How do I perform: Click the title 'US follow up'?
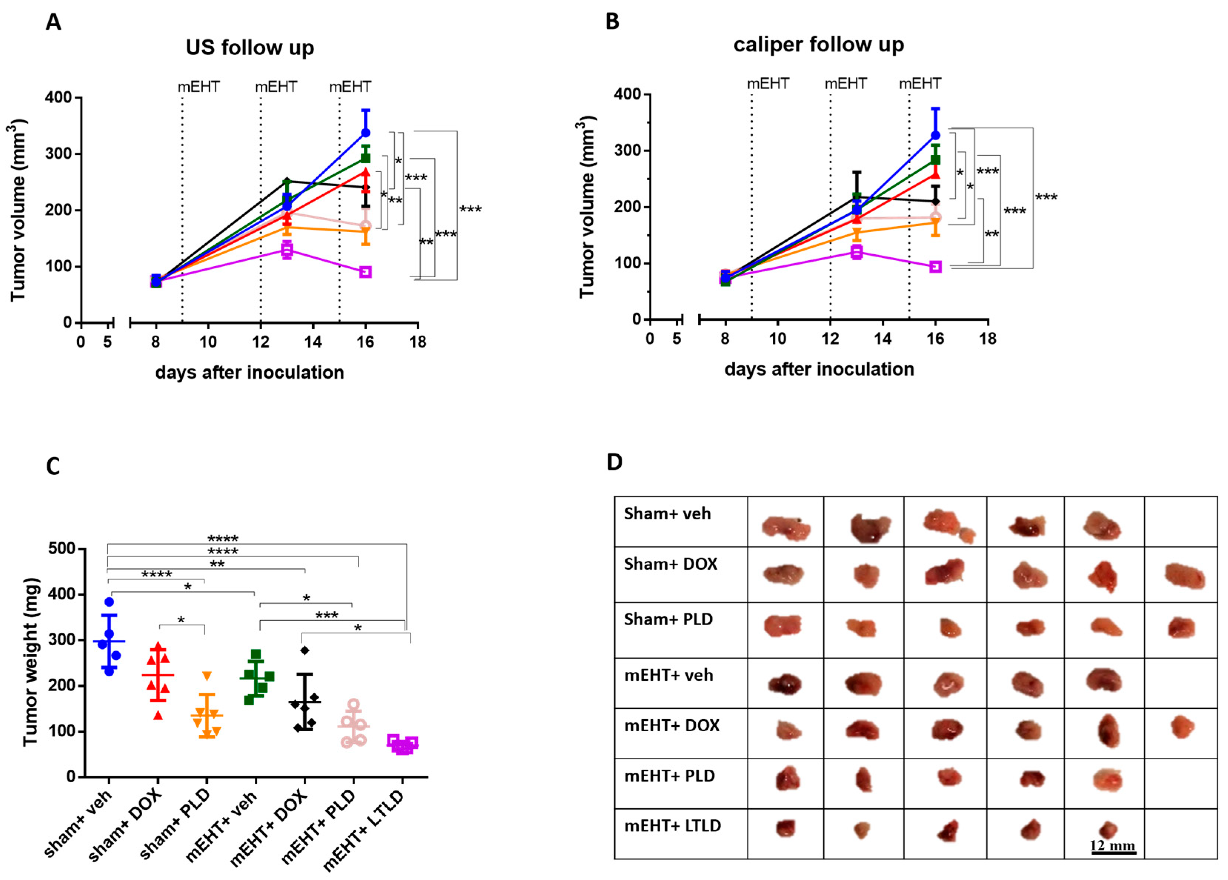(250, 48)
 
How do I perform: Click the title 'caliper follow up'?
(818, 44)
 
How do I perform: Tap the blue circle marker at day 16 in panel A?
(366, 133)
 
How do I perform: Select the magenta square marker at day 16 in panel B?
(935, 266)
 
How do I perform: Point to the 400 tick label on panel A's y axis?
(59, 97)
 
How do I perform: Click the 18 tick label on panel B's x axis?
(988, 339)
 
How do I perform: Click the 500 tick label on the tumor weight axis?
(62, 548)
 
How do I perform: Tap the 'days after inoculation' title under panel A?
(250, 372)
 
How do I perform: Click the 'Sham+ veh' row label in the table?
(667, 513)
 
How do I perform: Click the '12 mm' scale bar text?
(1112, 845)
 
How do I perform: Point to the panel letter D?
(615, 462)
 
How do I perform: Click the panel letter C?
(53, 466)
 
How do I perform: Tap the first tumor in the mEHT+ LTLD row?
(785, 828)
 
